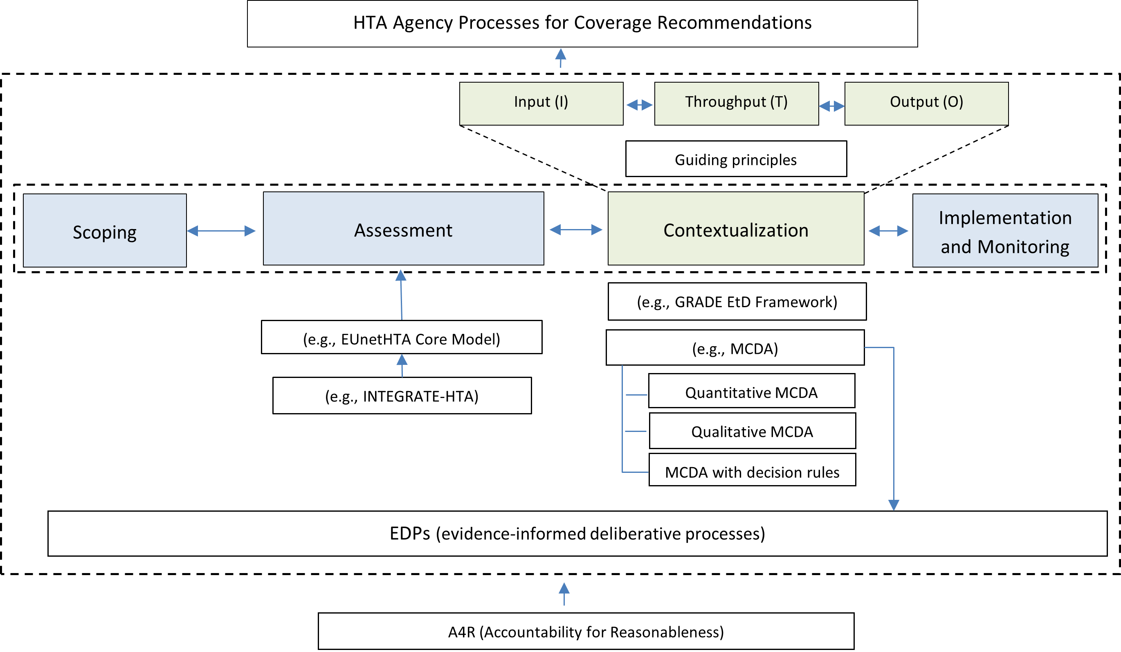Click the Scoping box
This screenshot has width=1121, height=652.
click(105, 231)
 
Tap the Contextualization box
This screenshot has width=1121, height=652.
click(736, 229)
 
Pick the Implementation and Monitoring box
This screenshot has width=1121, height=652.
click(1005, 231)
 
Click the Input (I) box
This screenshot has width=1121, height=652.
click(541, 103)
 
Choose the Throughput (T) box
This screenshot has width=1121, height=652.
click(736, 103)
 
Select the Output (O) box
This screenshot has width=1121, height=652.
click(926, 103)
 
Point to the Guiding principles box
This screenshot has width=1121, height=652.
click(736, 159)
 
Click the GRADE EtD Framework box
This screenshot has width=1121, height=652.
click(737, 301)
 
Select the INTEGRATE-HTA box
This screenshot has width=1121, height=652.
click(402, 396)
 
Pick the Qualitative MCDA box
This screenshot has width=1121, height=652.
click(752, 431)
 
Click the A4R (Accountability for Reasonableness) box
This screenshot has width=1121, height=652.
click(586, 631)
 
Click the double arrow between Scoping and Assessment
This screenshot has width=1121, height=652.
click(221, 231)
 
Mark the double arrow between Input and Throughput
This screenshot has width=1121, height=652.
click(639, 105)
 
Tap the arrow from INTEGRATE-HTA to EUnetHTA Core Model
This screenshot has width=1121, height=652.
click(402, 365)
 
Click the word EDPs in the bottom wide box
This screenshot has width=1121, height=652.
click(409, 533)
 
